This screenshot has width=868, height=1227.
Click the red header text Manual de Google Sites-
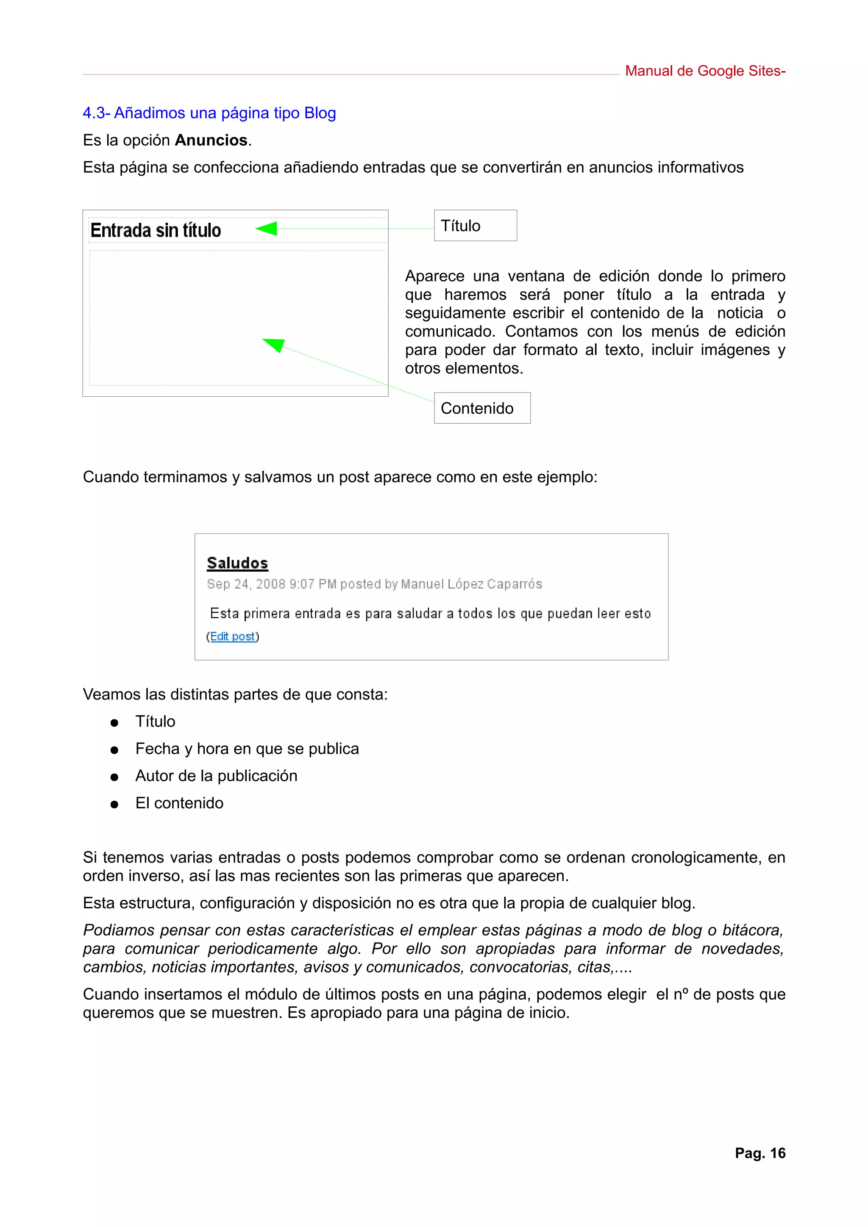pyautogui.click(x=704, y=71)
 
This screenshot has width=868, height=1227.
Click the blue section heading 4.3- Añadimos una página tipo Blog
pyautogui.click(x=209, y=113)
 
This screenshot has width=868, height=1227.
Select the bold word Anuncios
pyautogui.click(x=211, y=140)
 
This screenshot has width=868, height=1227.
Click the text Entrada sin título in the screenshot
pyautogui.click(x=156, y=230)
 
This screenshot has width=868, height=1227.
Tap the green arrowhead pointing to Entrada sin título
pyautogui.click(x=267, y=229)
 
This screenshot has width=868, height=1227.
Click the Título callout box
pyautogui.click(x=475, y=226)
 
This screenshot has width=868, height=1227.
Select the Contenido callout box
pyautogui.click(x=482, y=408)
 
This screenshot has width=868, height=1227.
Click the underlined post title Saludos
pyautogui.click(x=237, y=563)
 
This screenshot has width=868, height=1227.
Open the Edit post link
pyautogui.click(x=232, y=636)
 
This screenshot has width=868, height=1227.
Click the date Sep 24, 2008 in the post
pyautogui.click(x=246, y=584)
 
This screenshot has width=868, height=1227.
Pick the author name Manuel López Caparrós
pyautogui.click(x=471, y=584)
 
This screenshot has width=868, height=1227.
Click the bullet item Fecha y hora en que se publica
pyautogui.click(x=247, y=749)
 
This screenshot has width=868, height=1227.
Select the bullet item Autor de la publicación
pyautogui.click(x=216, y=776)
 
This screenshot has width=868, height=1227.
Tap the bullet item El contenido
pyautogui.click(x=179, y=803)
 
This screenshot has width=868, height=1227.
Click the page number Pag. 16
pyautogui.click(x=759, y=1153)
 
